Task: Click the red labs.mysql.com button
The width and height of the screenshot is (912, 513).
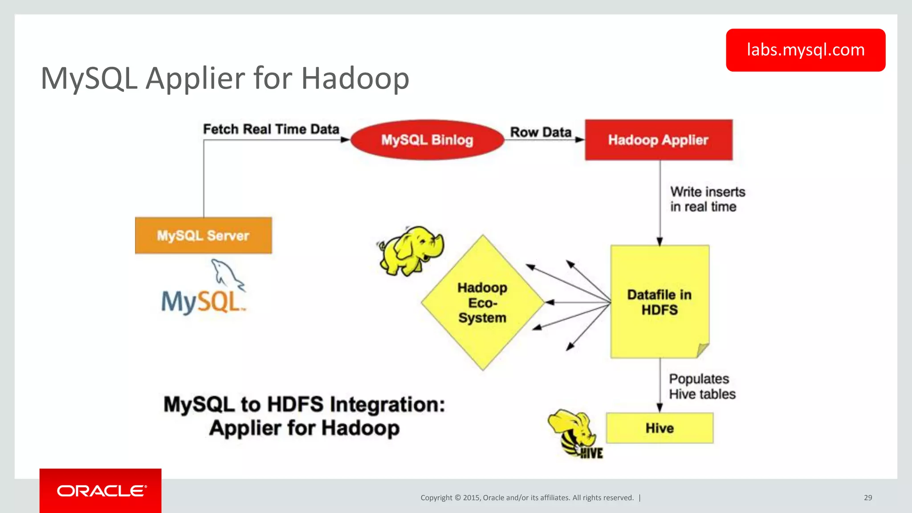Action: pyautogui.click(x=805, y=50)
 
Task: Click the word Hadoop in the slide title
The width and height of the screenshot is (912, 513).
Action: pyautogui.click(x=355, y=78)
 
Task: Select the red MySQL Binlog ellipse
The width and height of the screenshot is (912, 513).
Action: pyautogui.click(x=427, y=140)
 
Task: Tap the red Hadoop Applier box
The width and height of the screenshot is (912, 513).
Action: pyautogui.click(x=658, y=140)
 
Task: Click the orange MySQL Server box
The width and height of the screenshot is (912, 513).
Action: pyautogui.click(x=203, y=236)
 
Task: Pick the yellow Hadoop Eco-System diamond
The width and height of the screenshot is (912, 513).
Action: pyautogui.click(x=482, y=303)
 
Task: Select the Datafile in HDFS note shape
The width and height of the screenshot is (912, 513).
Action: pyautogui.click(x=659, y=302)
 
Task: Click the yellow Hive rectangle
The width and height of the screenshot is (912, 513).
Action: pyautogui.click(x=659, y=428)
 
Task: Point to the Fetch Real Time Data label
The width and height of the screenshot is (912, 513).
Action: pyautogui.click(x=271, y=129)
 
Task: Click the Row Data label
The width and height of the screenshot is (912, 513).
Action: pyautogui.click(x=540, y=132)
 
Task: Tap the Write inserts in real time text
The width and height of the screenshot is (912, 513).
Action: pyautogui.click(x=707, y=199)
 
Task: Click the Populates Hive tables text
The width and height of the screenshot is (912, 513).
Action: pyautogui.click(x=701, y=387)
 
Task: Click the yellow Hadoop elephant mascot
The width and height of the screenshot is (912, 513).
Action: pyautogui.click(x=410, y=250)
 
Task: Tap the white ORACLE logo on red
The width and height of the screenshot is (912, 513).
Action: pyautogui.click(x=101, y=491)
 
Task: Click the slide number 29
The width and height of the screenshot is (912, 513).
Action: pyautogui.click(x=867, y=498)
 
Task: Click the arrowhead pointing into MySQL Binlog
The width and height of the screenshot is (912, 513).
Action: pyautogui.click(x=346, y=140)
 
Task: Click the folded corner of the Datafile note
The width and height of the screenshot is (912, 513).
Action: pyautogui.click(x=702, y=350)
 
